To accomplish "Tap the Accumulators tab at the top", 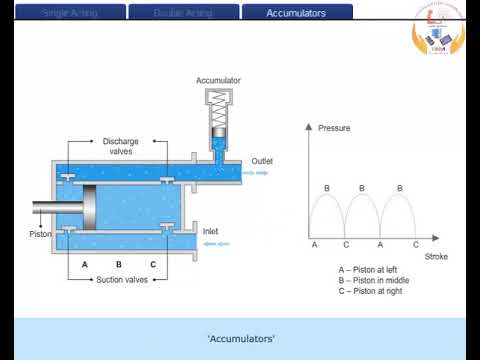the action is pos(297,13).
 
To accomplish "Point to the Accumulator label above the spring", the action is pos(218,80).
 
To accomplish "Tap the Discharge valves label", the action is pos(121,146).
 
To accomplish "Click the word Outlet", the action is pos(262,161).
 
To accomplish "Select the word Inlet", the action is pos(211,231).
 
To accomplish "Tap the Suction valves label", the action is pos(121,280).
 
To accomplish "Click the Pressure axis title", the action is pos(333,129).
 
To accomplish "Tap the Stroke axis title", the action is pos(436,257).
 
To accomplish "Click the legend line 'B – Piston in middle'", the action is pos(374,280).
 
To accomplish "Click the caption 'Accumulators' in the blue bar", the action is pos(240,339).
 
